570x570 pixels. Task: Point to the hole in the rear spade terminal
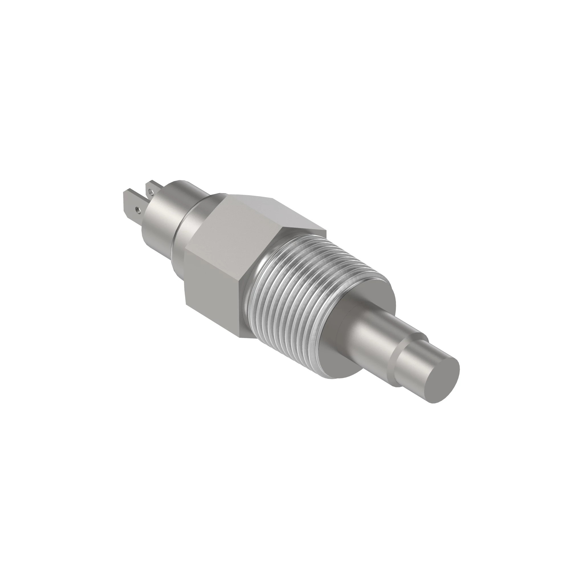coord(151,192)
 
